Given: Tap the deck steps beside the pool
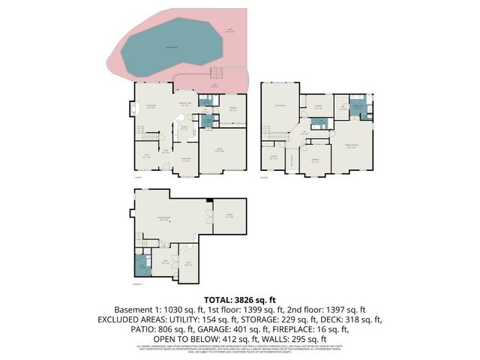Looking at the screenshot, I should [216, 73].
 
